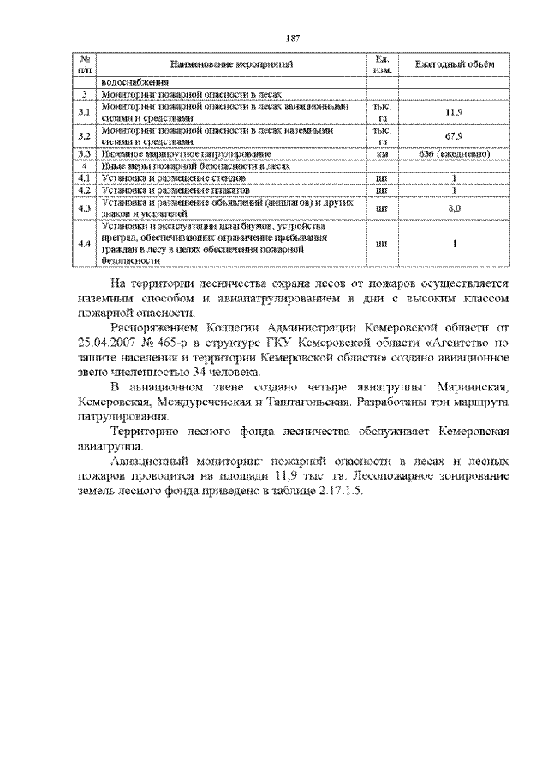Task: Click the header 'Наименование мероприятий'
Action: tap(232, 64)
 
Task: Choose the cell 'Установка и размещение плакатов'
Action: tap(163, 188)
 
